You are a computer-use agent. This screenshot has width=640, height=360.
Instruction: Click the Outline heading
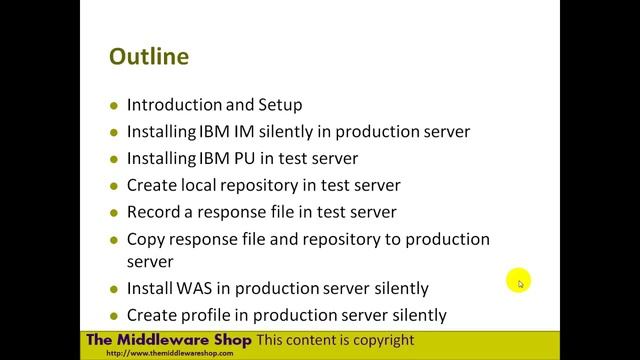[148, 57]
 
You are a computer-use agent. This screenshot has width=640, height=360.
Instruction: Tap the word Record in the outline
[154, 212]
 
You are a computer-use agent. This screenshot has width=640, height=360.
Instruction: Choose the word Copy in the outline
[146, 239]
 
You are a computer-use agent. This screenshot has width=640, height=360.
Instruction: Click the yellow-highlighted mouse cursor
[518, 281]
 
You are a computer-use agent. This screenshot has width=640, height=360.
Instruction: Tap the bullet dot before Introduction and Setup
[115, 105]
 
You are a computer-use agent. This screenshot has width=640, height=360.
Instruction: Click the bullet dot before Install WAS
[115, 289]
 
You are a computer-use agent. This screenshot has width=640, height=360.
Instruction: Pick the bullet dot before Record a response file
[115, 213]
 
